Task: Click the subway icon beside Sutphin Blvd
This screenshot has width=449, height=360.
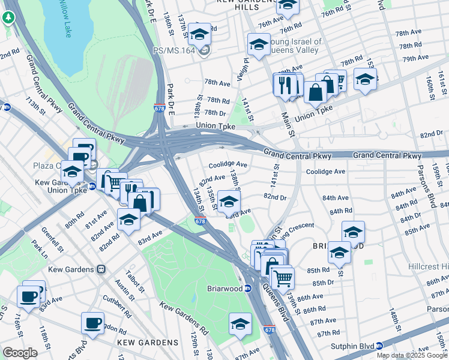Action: pyautogui.click(x=379, y=346)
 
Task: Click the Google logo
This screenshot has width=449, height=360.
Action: pyautogui.click(x=20, y=352)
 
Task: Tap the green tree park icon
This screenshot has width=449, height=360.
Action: pyautogui.click(x=8, y=17)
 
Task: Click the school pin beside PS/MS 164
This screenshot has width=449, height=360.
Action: pyautogui.click(x=199, y=35)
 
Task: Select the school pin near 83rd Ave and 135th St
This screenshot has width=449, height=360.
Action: pyautogui.click(x=228, y=202)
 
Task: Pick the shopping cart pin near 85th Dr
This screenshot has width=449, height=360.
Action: pyautogui.click(x=282, y=277)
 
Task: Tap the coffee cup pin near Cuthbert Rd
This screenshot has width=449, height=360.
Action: pyautogui.click(x=92, y=323)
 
